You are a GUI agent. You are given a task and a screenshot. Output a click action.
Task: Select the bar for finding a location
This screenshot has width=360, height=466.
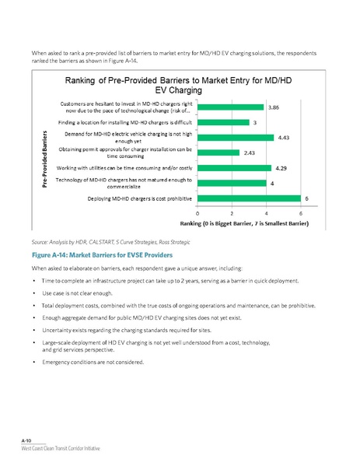[222, 122]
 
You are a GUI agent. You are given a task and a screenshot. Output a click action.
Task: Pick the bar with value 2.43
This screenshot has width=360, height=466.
[218, 152]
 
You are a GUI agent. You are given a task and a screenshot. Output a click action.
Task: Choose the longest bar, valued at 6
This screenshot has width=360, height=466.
[248, 198]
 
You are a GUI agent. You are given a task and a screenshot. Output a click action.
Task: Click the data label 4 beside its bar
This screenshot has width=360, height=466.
[272, 184]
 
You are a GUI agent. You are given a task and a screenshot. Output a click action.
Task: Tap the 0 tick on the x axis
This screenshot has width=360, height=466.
[197, 212]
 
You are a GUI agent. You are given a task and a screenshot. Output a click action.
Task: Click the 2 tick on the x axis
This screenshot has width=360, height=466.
[232, 212]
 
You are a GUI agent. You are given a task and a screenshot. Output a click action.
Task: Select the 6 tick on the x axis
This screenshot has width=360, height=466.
[300, 212]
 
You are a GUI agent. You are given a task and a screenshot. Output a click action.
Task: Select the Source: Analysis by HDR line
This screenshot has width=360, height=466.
[96, 242]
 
